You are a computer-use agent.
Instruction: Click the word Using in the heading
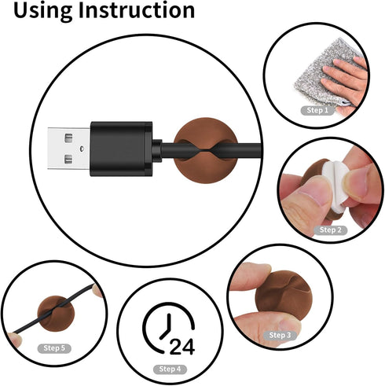(42, 11)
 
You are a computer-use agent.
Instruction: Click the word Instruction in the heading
(137, 10)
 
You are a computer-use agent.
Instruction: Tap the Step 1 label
(317, 110)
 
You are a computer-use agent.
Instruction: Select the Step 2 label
(331, 230)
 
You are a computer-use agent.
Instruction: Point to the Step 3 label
(280, 335)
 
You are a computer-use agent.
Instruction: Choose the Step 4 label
(170, 369)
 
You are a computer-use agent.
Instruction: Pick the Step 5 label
(54, 348)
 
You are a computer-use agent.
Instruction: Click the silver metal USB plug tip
(69, 149)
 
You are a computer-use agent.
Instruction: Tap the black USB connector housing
(121, 149)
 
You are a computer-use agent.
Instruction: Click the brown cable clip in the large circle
(206, 150)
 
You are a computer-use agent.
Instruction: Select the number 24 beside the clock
(182, 347)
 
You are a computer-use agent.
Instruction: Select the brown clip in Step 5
(56, 314)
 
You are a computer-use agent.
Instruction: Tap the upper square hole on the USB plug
(68, 138)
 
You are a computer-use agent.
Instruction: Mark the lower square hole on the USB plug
(68, 159)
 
